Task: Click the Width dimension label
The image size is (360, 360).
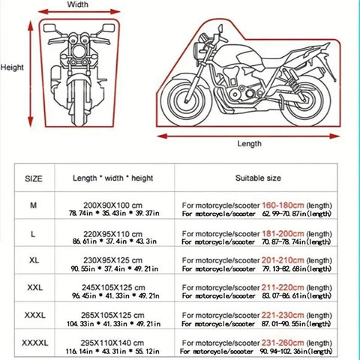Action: (x=78, y=4)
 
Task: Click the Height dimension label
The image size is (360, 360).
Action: (x=13, y=66)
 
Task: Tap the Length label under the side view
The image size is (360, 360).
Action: (x=250, y=143)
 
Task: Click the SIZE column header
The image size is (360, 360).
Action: (x=34, y=178)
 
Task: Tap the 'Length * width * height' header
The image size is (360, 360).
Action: (x=112, y=178)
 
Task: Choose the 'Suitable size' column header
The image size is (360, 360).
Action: (x=259, y=178)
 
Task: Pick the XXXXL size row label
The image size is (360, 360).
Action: (x=34, y=343)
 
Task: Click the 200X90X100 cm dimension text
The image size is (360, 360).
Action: (x=112, y=203)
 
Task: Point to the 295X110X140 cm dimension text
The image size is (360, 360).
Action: (x=112, y=340)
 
